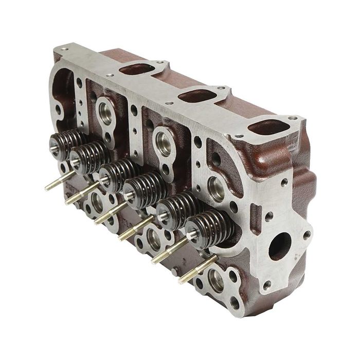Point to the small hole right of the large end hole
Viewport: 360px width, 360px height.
tap(308, 235)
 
